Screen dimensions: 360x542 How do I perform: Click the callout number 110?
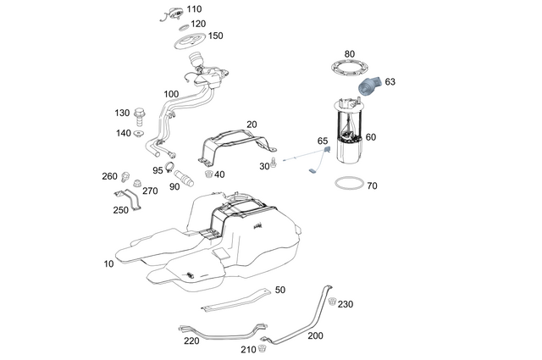[195, 9]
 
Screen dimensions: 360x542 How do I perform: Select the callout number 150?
[216, 36]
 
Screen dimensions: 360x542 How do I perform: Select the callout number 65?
[323, 141]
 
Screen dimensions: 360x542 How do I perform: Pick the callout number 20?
[252, 125]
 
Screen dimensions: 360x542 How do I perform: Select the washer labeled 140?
[141, 133]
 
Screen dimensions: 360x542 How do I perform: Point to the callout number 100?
[171, 94]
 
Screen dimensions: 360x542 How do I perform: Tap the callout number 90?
[174, 186]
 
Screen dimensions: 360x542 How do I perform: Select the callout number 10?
[108, 264]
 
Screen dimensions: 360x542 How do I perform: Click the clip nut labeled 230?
[333, 302]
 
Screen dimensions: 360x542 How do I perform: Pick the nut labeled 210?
[264, 347]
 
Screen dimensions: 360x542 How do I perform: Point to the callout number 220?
[191, 341]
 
